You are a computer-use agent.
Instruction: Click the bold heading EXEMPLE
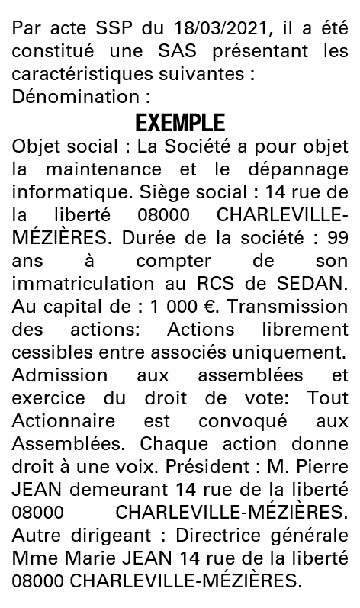[x=180, y=122]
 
